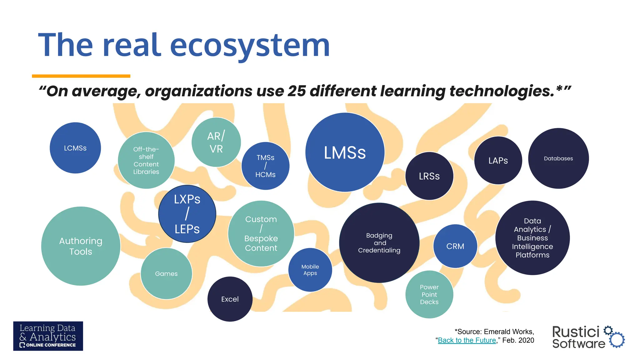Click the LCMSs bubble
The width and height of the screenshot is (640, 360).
pos(75,148)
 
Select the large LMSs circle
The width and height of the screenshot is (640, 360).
pos(345,152)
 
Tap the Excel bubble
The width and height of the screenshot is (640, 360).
pos(230,299)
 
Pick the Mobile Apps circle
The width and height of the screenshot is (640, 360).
pos(310,270)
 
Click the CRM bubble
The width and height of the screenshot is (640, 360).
pos(455,246)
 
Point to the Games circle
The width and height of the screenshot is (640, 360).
pos(166,273)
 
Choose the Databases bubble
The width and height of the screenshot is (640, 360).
pos(558,158)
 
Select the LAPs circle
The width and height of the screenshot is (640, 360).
pos(498,160)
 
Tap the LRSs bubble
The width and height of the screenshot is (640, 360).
pos(429,176)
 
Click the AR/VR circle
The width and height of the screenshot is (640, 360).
pos(216,142)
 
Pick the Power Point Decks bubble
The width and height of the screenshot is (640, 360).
pos(429,294)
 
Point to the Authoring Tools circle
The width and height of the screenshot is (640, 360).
pos(81,246)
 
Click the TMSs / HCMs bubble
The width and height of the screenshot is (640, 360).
pos(265,166)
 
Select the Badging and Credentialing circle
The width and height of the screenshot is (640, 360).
pos(379,243)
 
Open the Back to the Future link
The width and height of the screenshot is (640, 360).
pos(467,340)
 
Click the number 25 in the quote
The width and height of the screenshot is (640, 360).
pos(297,91)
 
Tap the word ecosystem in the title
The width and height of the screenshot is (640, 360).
pos(250,46)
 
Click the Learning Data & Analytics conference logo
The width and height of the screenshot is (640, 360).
pos(48,336)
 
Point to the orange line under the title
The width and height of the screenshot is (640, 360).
pos(81,76)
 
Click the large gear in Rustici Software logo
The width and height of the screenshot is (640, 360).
pos(617,340)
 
